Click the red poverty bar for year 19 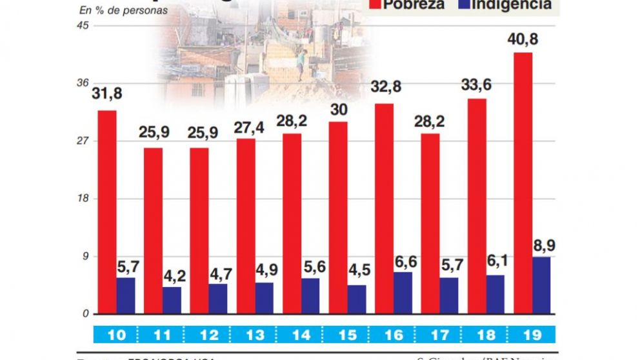pos(523,183)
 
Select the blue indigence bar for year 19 pos(542,285)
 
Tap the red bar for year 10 pos(107,212)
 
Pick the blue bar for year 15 pos(357,299)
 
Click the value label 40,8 pos(523,40)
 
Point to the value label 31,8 pos(107,94)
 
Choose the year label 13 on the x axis pos(255,335)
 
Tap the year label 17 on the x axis pos(441,335)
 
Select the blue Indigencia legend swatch pos(463,5)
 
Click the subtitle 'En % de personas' pos(123,10)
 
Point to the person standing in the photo pos(300,65)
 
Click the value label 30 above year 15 pos(338,109)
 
